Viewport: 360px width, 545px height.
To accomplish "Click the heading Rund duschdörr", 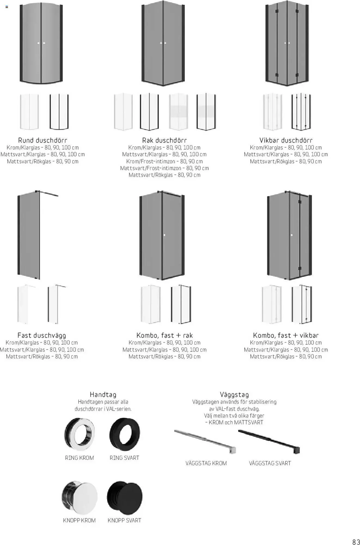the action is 42,140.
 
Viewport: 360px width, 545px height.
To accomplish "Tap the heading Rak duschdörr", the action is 164,140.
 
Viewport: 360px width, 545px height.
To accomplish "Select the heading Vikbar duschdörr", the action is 286,140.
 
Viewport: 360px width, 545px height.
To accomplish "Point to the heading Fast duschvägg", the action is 42,335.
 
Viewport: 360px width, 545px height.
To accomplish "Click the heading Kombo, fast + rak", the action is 164,335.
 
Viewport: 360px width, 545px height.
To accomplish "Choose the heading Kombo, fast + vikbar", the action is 286,335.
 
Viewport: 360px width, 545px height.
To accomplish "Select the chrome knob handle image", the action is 80,497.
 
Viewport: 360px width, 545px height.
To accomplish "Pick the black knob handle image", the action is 124,497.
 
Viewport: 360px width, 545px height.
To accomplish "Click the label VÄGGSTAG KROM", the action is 206,463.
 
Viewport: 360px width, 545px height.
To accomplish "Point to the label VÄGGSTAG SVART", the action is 270,463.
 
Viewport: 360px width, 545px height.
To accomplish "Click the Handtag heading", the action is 103,395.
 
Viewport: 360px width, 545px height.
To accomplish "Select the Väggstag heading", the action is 234,395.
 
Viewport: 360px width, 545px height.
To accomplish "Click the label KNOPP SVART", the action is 124,520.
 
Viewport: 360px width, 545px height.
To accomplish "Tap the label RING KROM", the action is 80,458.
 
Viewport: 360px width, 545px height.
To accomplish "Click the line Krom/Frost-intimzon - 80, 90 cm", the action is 164,161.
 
